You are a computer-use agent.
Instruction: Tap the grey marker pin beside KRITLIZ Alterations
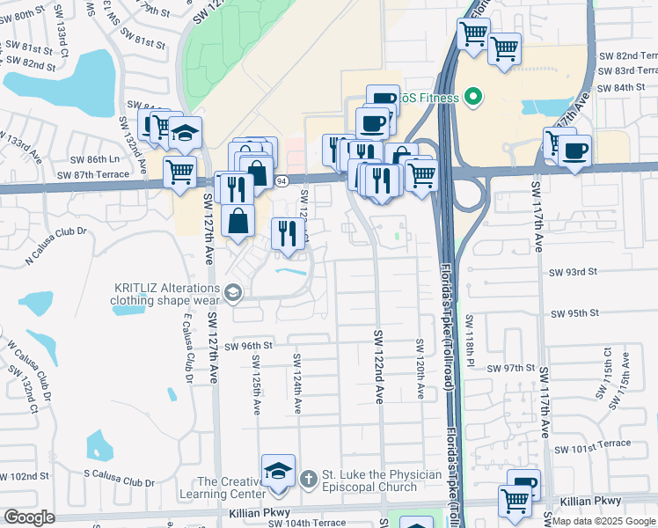(x=233, y=293)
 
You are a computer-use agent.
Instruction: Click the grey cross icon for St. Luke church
(x=308, y=480)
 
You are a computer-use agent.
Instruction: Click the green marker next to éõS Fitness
(x=472, y=97)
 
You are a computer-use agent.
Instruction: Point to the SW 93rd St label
(x=574, y=272)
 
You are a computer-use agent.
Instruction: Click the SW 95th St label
(x=574, y=312)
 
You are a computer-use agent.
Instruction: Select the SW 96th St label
(x=247, y=346)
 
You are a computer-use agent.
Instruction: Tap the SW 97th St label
(x=511, y=367)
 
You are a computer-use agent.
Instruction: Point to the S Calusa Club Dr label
(x=120, y=482)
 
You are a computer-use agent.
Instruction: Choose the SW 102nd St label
(x=24, y=475)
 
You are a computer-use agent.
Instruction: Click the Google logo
(x=29, y=517)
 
